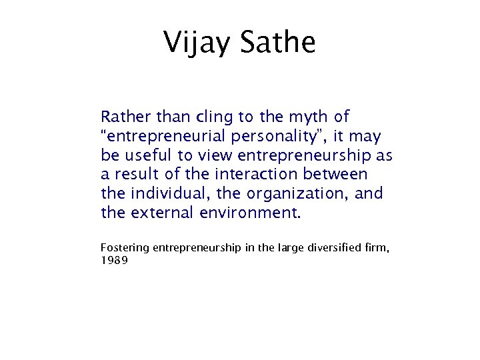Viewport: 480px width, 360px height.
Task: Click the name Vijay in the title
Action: pos(197,43)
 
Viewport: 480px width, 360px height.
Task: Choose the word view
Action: pos(212,156)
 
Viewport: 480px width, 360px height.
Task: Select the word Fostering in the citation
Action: pos(125,248)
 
